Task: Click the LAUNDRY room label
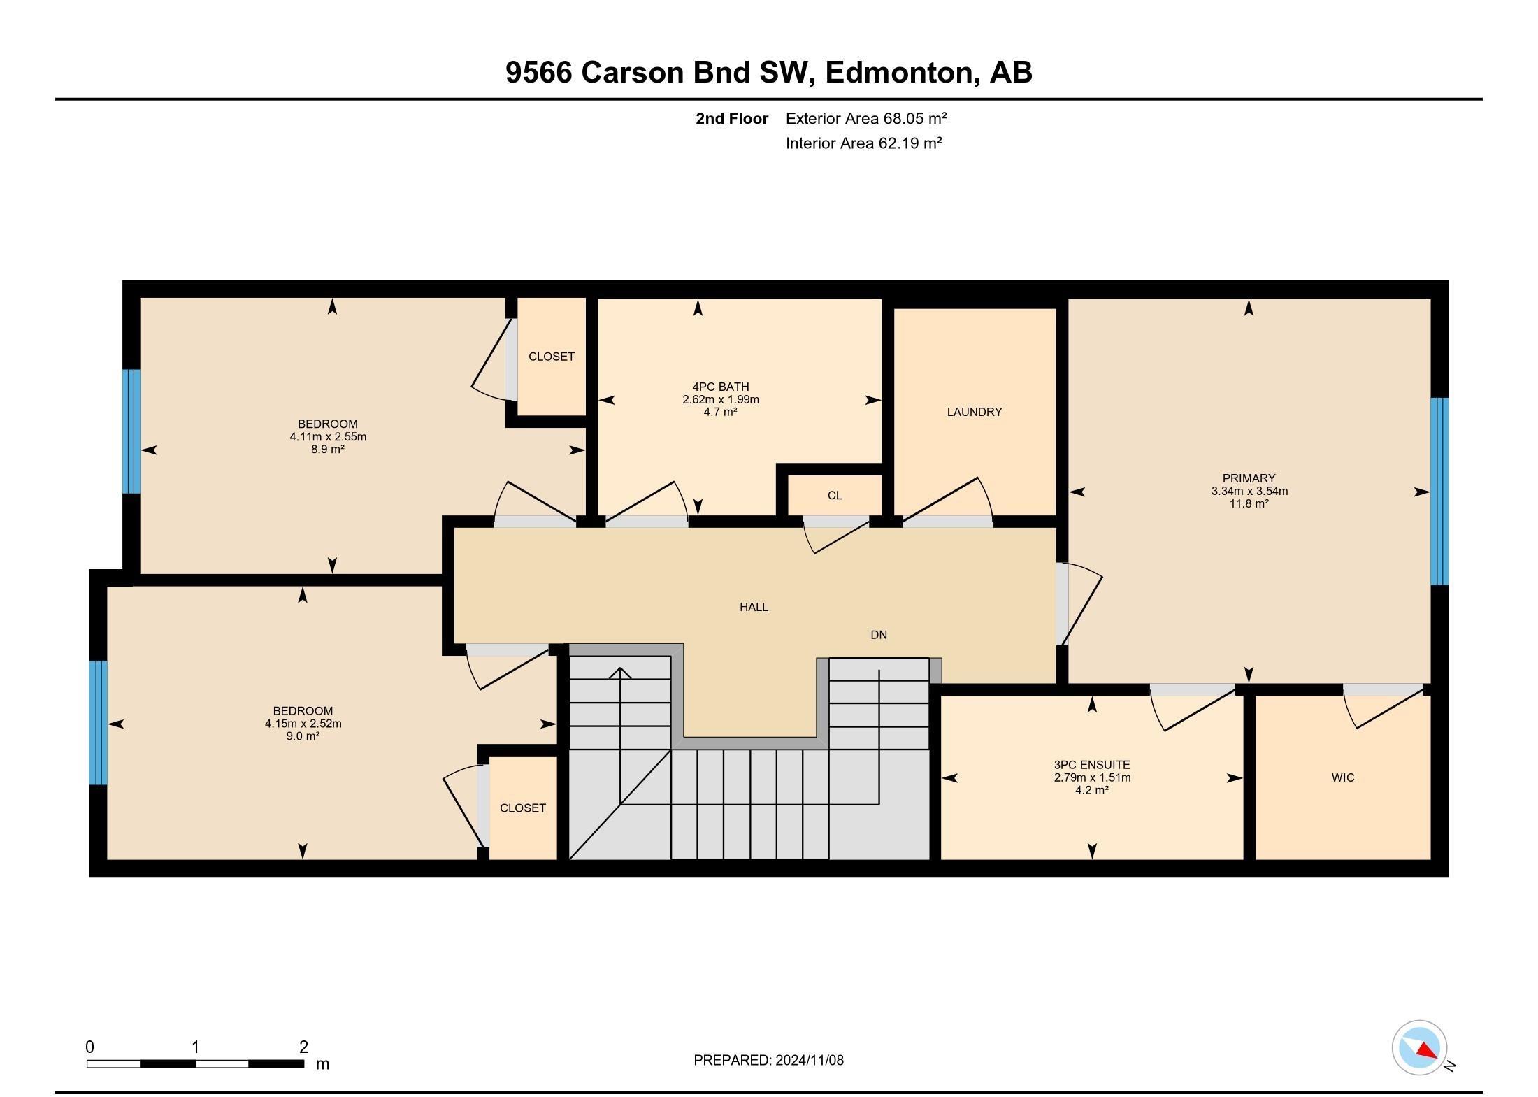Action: point(974,412)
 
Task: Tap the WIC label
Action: point(1343,777)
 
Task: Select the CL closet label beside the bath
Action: point(835,496)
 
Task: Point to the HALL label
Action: point(754,607)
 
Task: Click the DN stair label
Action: point(879,635)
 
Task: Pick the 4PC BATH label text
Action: point(721,387)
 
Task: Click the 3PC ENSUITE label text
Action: point(1092,765)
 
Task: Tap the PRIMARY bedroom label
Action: point(1249,478)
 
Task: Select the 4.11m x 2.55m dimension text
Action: point(328,437)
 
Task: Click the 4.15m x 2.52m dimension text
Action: point(303,724)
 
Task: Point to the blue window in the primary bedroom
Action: point(1439,491)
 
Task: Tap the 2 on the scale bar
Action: point(303,1047)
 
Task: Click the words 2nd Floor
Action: point(732,119)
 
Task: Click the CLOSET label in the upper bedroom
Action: point(552,357)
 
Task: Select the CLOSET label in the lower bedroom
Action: point(523,808)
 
